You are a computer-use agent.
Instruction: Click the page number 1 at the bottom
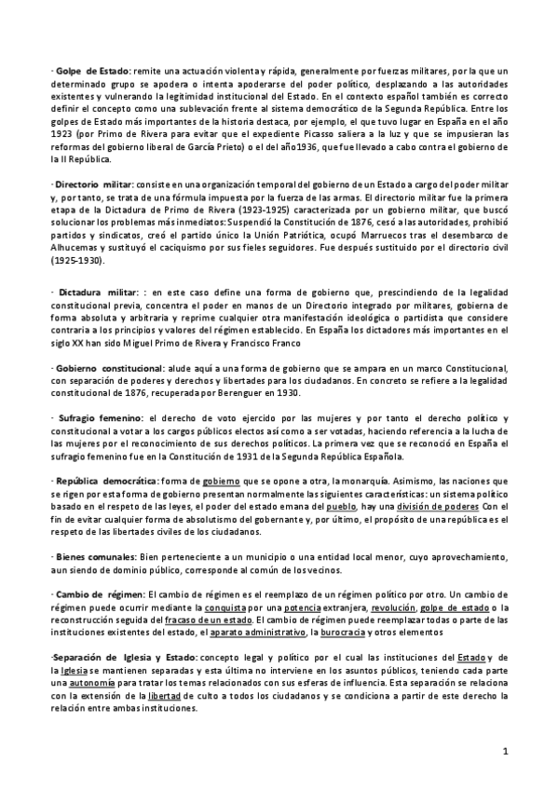click(x=504, y=751)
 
